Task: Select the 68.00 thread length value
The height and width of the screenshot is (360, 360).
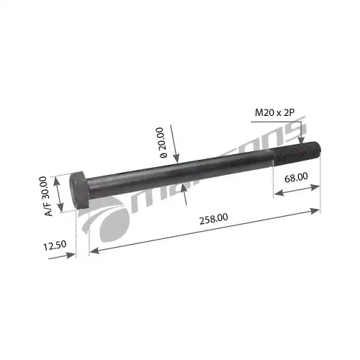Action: pyautogui.click(x=297, y=175)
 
